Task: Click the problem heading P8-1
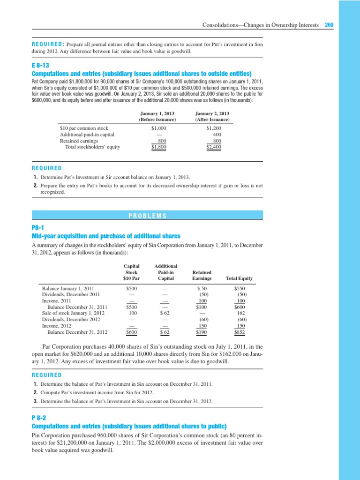coord(37,227)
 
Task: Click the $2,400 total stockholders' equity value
coord(214,147)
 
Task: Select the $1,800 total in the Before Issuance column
coord(159,147)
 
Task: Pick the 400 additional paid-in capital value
coord(217,134)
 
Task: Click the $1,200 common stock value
coord(214,128)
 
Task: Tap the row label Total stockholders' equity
coord(92,147)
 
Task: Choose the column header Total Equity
coord(239,278)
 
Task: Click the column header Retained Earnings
coord(202,275)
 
